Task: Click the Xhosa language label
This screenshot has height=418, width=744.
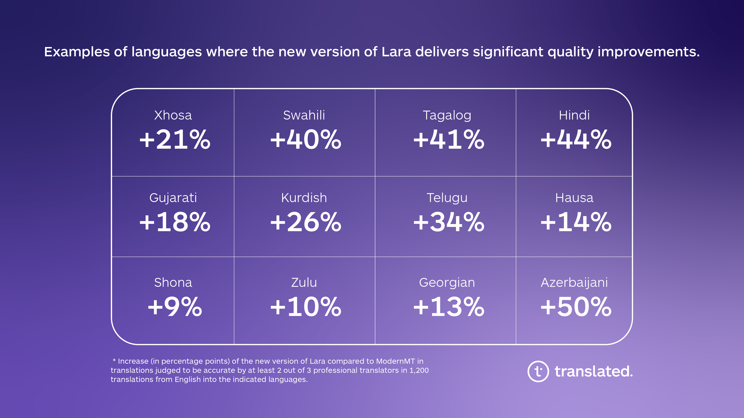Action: click(x=173, y=115)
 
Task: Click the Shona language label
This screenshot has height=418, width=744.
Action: click(x=173, y=282)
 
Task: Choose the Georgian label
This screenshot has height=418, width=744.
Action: click(x=447, y=282)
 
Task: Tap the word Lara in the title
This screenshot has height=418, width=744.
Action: click(x=396, y=52)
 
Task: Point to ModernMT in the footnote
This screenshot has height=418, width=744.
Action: click(x=395, y=361)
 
